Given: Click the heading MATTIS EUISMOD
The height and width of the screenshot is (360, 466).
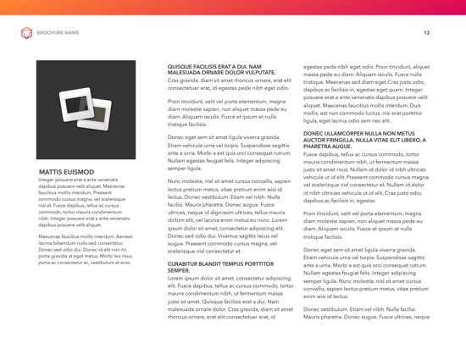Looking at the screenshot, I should click(67, 171).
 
